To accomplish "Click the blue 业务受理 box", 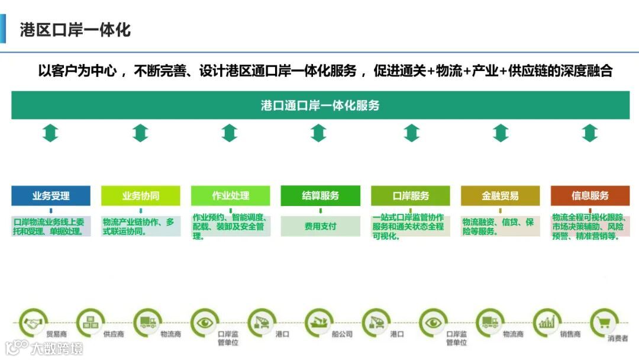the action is (51, 196).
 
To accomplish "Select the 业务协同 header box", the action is (141, 196).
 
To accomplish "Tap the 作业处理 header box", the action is (230, 196).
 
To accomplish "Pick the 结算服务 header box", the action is (320, 196).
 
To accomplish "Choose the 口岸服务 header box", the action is (411, 196).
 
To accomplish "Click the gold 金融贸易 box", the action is (500, 196).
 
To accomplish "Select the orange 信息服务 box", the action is (590, 196).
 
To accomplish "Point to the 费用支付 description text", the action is (320, 226).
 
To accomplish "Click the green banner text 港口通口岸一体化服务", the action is (320, 106).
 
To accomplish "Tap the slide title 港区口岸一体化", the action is (75, 30).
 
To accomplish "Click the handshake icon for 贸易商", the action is (33, 323).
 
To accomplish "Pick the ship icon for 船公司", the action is (319, 323).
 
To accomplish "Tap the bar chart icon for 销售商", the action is (547, 323).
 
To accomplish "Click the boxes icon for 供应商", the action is (91, 323).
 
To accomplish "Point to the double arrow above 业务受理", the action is (51, 133).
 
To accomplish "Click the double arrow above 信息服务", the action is (590, 133).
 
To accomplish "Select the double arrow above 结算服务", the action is (319, 133).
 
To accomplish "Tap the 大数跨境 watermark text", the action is (57, 348).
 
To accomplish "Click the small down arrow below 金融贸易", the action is (500, 210).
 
